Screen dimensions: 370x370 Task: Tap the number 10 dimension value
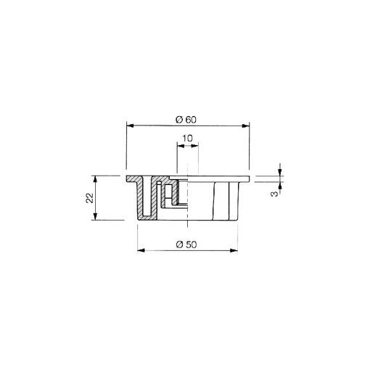187,138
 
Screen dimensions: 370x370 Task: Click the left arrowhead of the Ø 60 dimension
129,126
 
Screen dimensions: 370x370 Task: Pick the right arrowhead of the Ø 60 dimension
247,126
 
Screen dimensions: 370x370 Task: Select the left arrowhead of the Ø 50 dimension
140,251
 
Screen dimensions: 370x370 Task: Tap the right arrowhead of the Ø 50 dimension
236,251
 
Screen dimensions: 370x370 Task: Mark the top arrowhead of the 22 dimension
96,178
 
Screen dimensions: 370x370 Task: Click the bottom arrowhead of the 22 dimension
96,218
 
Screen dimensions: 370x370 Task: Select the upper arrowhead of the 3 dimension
279,173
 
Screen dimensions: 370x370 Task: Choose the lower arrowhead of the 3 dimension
279,184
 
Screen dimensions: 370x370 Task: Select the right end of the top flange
247,178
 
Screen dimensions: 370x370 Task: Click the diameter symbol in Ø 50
179,244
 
